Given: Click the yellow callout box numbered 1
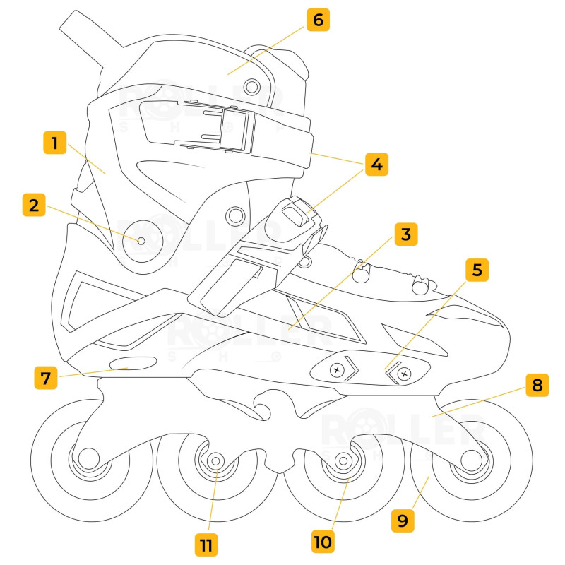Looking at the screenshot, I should point(53,143).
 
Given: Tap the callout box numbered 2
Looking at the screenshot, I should point(33,206).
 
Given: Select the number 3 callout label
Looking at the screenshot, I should point(405,234).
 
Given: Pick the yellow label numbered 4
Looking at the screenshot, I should point(376,165).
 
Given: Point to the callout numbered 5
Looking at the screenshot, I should point(477,270).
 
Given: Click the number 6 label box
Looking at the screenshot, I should point(318,20).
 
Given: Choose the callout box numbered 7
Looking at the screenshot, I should point(46,377).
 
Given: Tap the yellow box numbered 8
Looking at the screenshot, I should point(537,386).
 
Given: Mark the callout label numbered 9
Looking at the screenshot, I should point(403,521).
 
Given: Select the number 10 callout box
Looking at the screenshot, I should point(323,541).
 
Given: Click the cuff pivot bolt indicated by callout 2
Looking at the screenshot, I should point(141,240).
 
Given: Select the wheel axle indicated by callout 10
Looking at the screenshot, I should point(343,460).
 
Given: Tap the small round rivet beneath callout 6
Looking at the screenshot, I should point(251,86).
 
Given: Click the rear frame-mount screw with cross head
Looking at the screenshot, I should point(338,369).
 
